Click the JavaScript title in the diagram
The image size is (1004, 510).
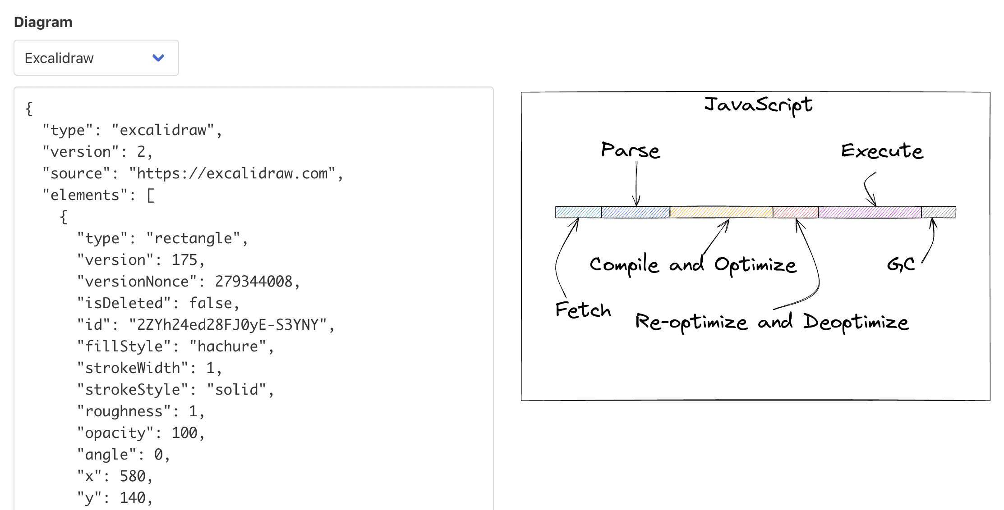(x=758, y=105)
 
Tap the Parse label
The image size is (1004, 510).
(x=631, y=150)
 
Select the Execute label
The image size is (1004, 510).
(x=882, y=151)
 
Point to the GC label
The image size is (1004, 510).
(x=901, y=264)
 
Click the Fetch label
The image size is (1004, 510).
(x=583, y=310)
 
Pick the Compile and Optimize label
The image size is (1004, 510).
(x=693, y=265)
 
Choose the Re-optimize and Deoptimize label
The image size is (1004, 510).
(x=772, y=322)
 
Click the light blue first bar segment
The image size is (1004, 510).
(x=578, y=212)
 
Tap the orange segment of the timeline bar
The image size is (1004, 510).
(x=721, y=212)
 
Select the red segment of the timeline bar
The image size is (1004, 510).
(x=796, y=212)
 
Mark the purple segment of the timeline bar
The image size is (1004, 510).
(x=870, y=212)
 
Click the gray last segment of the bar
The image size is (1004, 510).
(x=938, y=212)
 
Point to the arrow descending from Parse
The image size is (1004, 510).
(x=636, y=185)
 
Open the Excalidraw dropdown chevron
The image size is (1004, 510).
(x=158, y=58)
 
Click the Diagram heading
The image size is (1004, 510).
(x=43, y=22)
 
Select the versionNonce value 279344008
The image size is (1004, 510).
(x=253, y=282)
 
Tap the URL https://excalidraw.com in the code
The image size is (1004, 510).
(x=232, y=173)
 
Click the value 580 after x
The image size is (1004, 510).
(x=133, y=476)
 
